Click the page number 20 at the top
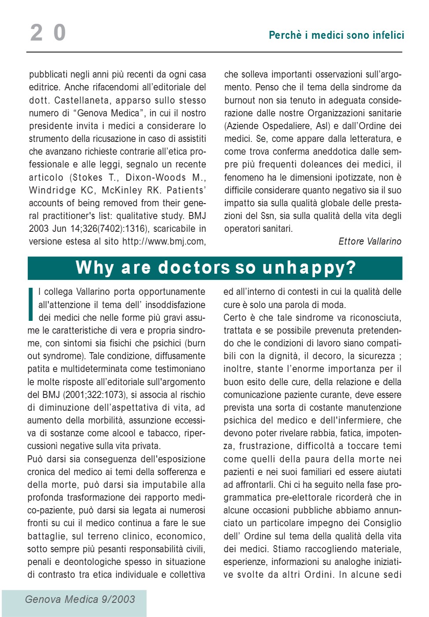(48, 33)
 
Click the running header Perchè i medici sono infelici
(336, 35)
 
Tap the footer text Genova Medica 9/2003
(80, 599)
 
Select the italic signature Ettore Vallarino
(370, 242)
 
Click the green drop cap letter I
(31, 304)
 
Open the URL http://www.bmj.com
(163, 242)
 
